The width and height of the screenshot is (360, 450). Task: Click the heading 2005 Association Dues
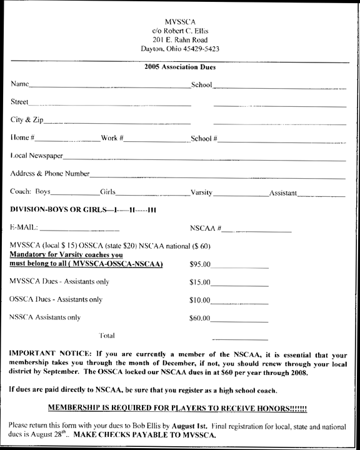[180, 67]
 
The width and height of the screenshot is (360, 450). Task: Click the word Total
[107, 336]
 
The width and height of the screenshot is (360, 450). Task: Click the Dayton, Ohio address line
[179, 48]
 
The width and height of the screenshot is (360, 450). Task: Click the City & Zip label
[27, 119]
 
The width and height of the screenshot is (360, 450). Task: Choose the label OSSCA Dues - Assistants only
[56, 300]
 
